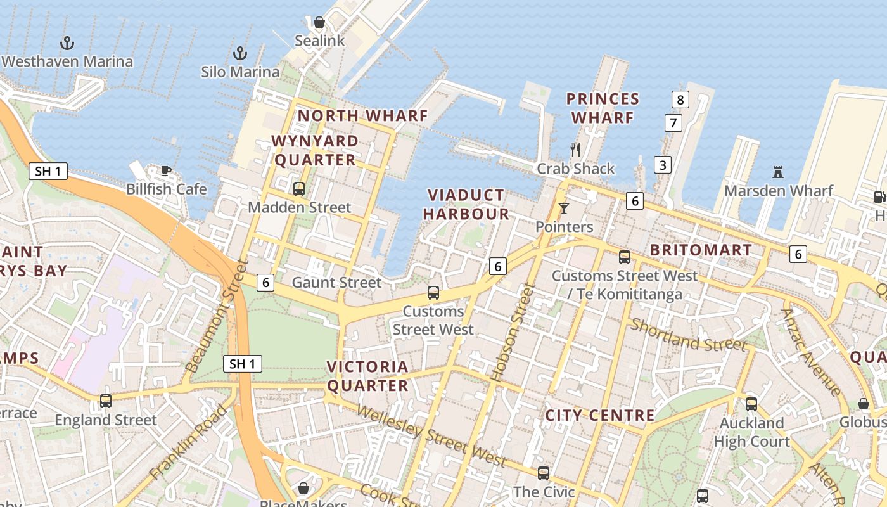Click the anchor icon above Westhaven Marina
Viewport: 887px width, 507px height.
[x=67, y=43]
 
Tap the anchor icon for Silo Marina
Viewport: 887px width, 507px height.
[x=240, y=53]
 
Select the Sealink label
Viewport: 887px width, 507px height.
[x=320, y=41]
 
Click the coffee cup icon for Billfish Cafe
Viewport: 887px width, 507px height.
[x=166, y=170]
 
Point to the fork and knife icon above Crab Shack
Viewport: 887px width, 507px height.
[x=575, y=150]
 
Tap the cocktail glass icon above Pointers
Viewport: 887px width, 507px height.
[x=564, y=208]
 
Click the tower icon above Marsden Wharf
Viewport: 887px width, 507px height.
[x=778, y=172]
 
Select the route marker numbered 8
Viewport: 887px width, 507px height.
[x=680, y=99]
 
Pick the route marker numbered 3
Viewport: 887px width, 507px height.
[x=663, y=165]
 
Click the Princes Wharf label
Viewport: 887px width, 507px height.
[x=603, y=108]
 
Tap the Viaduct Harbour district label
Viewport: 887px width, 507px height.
[x=466, y=205]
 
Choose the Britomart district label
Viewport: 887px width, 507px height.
[x=701, y=250]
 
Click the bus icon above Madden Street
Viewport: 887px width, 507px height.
[x=299, y=189]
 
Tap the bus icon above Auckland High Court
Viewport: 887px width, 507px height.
[x=751, y=404]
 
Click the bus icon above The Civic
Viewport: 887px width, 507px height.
[x=544, y=473]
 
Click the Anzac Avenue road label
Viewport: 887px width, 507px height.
[x=811, y=352]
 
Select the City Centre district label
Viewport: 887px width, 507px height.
[x=599, y=416]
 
